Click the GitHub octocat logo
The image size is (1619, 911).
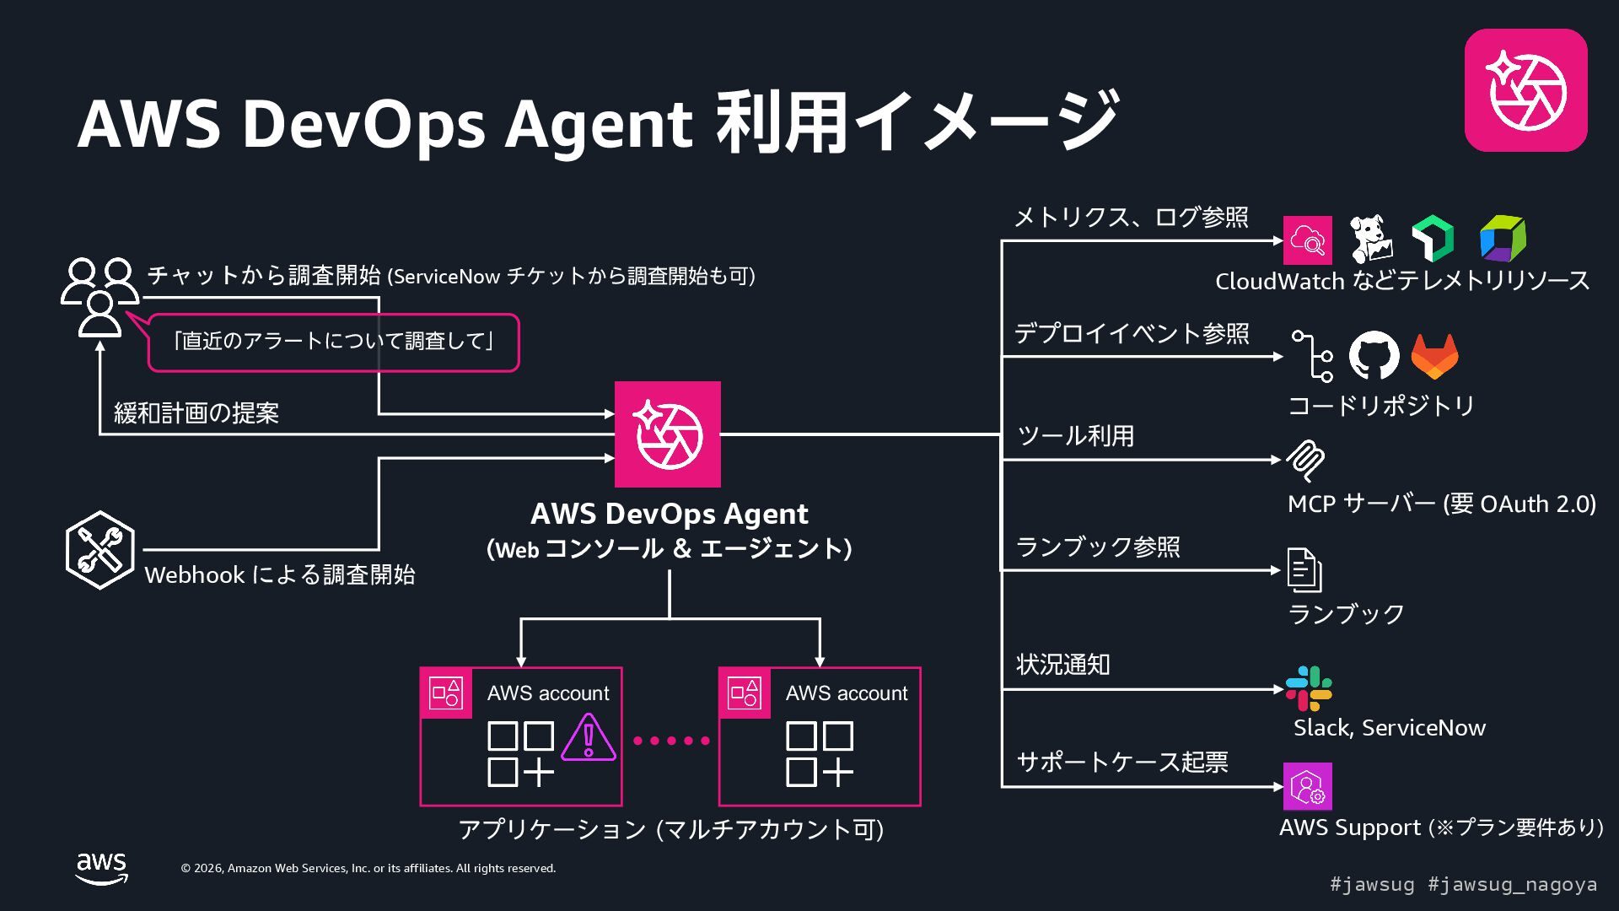pos(1374,355)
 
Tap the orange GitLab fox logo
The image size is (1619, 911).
pos(1434,357)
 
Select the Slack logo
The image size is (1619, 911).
pos(1308,688)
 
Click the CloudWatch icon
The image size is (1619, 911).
pos(1307,240)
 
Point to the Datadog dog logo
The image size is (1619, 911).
pos(1370,240)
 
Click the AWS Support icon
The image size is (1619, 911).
pos(1307,787)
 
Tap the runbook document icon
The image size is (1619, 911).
pos(1304,570)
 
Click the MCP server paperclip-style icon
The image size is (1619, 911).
pos(1305,461)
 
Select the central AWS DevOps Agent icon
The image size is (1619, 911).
pos(667,434)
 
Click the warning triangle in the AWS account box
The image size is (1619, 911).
pos(589,738)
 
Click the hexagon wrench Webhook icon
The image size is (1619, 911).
pos(100,550)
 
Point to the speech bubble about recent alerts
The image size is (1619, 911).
pos(333,342)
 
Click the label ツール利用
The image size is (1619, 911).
pos(1075,436)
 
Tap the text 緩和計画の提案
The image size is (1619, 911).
pos(196,413)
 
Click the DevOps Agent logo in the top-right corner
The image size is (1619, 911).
pos(1525,90)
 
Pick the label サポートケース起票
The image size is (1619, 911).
pos(1121,763)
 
